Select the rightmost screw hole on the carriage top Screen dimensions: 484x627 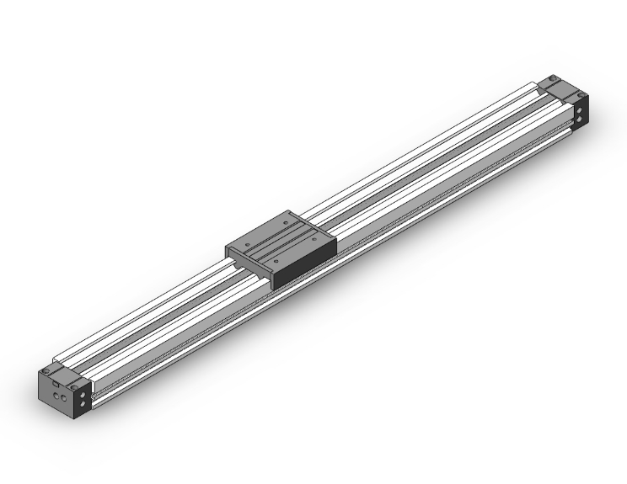pyautogui.click(x=315, y=240)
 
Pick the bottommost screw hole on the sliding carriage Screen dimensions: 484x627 pyautogui.click(x=276, y=260)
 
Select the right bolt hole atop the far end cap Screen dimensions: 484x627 pyautogui.click(x=581, y=94)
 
